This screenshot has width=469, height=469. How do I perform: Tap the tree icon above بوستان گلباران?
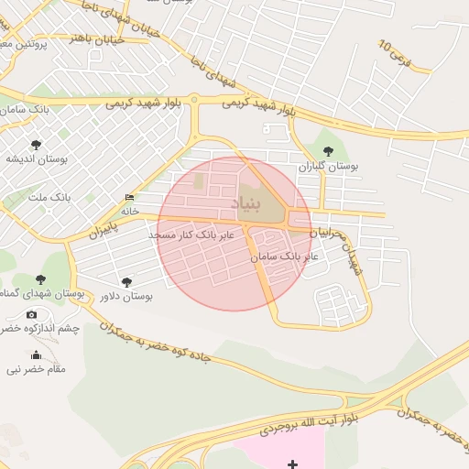click(x=329, y=151)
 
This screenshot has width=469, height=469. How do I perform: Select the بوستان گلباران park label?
click(x=328, y=167)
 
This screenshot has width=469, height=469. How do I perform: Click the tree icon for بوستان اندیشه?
click(x=36, y=144)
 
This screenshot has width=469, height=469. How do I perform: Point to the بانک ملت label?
click(x=49, y=197)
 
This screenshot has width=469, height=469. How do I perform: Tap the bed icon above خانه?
click(x=129, y=198)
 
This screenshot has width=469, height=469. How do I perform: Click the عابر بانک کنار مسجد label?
click(x=191, y=235)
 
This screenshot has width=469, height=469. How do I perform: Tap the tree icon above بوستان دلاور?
click(x=126, y=282)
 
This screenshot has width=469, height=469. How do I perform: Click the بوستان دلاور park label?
click(x=124, y=297)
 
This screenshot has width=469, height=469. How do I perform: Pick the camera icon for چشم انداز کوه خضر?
click(x=32, y=314)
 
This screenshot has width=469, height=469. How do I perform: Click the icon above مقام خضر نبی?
click(x=37, y=355)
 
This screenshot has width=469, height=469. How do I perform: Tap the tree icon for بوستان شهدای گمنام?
click(x=40, y=278)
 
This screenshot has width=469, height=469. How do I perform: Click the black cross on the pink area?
click(x=292, y=464)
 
